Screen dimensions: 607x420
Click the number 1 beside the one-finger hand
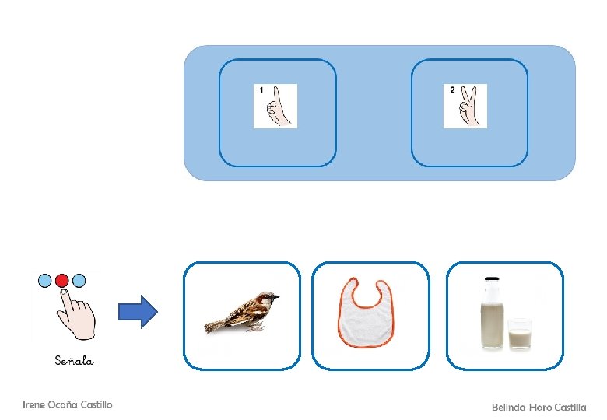tap(261, 91)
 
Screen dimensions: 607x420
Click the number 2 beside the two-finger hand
tap(452, 90)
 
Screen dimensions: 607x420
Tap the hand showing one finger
tap(279, 107)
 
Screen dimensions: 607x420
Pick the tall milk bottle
tap(491, 315)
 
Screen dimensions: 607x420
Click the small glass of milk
tap(520, 334)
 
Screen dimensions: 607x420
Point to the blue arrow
tap(137, 313)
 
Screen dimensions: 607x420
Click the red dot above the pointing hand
tap(62, 280)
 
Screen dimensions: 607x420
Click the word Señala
tap(75, 360)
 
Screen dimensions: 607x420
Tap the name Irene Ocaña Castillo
tap(68, 404)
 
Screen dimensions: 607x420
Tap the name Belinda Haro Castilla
tap(539, 407)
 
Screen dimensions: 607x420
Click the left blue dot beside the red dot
tap(46, 280)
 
